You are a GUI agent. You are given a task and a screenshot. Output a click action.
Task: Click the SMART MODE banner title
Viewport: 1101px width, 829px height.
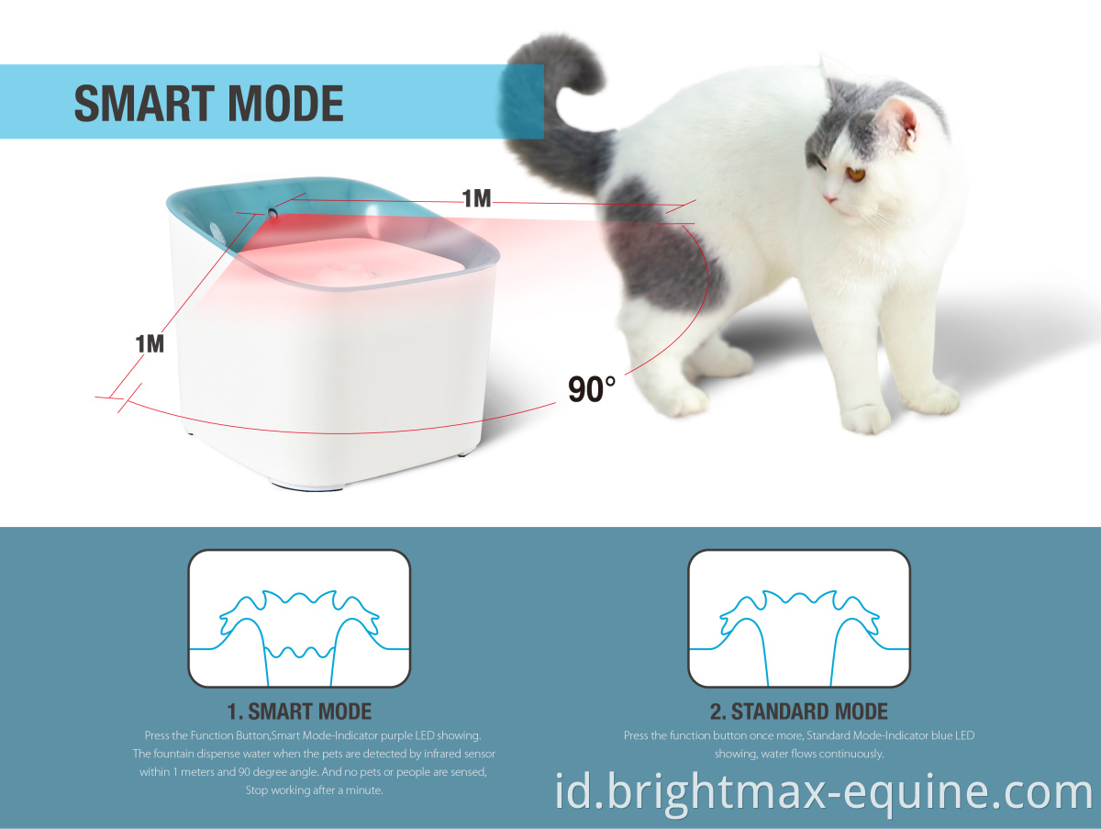point(208,104)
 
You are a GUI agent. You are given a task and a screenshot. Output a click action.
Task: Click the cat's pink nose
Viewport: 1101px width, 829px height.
point(829,199)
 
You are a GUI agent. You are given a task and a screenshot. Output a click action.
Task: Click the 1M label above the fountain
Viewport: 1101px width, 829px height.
point(476,198)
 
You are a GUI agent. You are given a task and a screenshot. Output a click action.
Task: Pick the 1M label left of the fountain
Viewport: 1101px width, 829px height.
point(150,344)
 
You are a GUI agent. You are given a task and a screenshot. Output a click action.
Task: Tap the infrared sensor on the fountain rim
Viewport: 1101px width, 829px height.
point(272,213)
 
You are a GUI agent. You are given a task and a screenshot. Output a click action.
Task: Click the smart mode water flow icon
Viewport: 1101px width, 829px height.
point(299,618)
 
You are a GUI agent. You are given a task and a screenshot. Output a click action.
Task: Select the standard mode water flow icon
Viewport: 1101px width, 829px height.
point(799,618)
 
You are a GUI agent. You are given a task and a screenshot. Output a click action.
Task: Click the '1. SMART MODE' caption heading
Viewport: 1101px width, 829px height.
point(299,711)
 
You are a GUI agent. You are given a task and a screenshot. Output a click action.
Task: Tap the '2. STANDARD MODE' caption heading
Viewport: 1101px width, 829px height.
point(799,711)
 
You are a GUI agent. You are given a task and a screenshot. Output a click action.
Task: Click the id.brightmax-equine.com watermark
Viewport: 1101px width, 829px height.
point(824,792)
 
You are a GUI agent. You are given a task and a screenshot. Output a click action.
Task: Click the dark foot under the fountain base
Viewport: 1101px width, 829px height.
point(307,486)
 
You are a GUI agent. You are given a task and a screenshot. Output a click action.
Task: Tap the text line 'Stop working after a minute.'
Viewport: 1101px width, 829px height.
point(314,790)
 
